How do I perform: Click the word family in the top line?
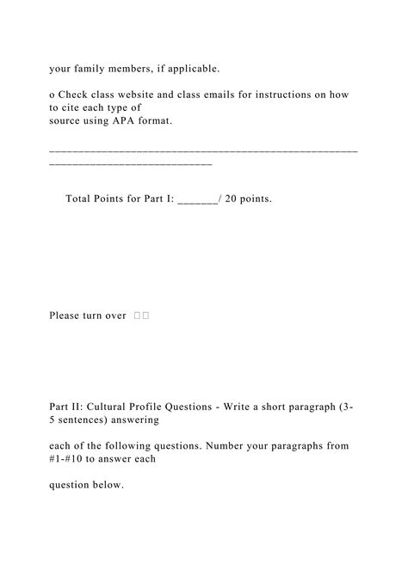92,67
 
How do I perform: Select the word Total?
81,199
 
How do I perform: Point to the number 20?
232,199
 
